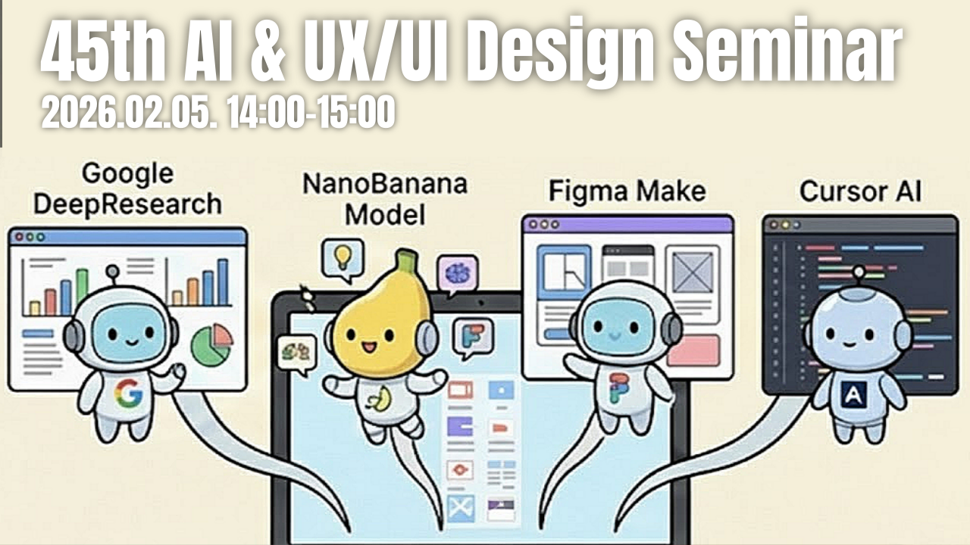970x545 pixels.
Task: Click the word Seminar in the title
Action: tap(787, 51)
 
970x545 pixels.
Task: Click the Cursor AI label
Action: tap(860, 192)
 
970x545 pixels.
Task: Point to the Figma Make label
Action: tap(627, 192)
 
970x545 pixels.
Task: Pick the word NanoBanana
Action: tap(385, 184)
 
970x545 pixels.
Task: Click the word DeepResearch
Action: tap(128, 204)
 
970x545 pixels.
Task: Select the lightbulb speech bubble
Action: tap(343, 259)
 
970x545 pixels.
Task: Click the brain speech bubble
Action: tap(457, 274)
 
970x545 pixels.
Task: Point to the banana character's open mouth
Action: tap(369, 347)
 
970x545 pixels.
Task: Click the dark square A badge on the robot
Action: tap(853, 395)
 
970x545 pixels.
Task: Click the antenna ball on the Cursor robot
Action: tap(859, 272)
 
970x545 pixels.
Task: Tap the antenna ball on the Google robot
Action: tap(113, 271)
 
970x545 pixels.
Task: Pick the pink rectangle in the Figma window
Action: tap(693, 350)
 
